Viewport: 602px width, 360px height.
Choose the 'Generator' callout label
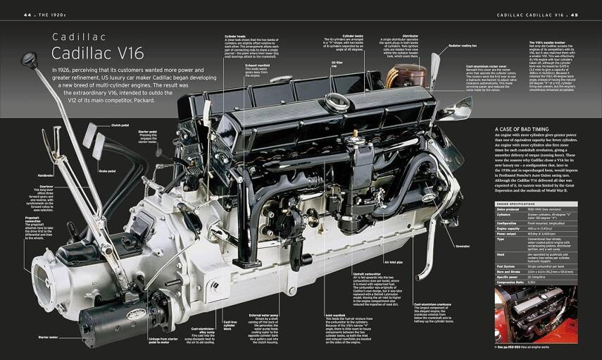462,246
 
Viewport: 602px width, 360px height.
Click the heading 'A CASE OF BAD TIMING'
522,130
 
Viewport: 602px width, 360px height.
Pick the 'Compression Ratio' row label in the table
513,282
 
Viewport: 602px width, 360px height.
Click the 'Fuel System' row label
508,266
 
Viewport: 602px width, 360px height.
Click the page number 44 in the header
27,14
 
